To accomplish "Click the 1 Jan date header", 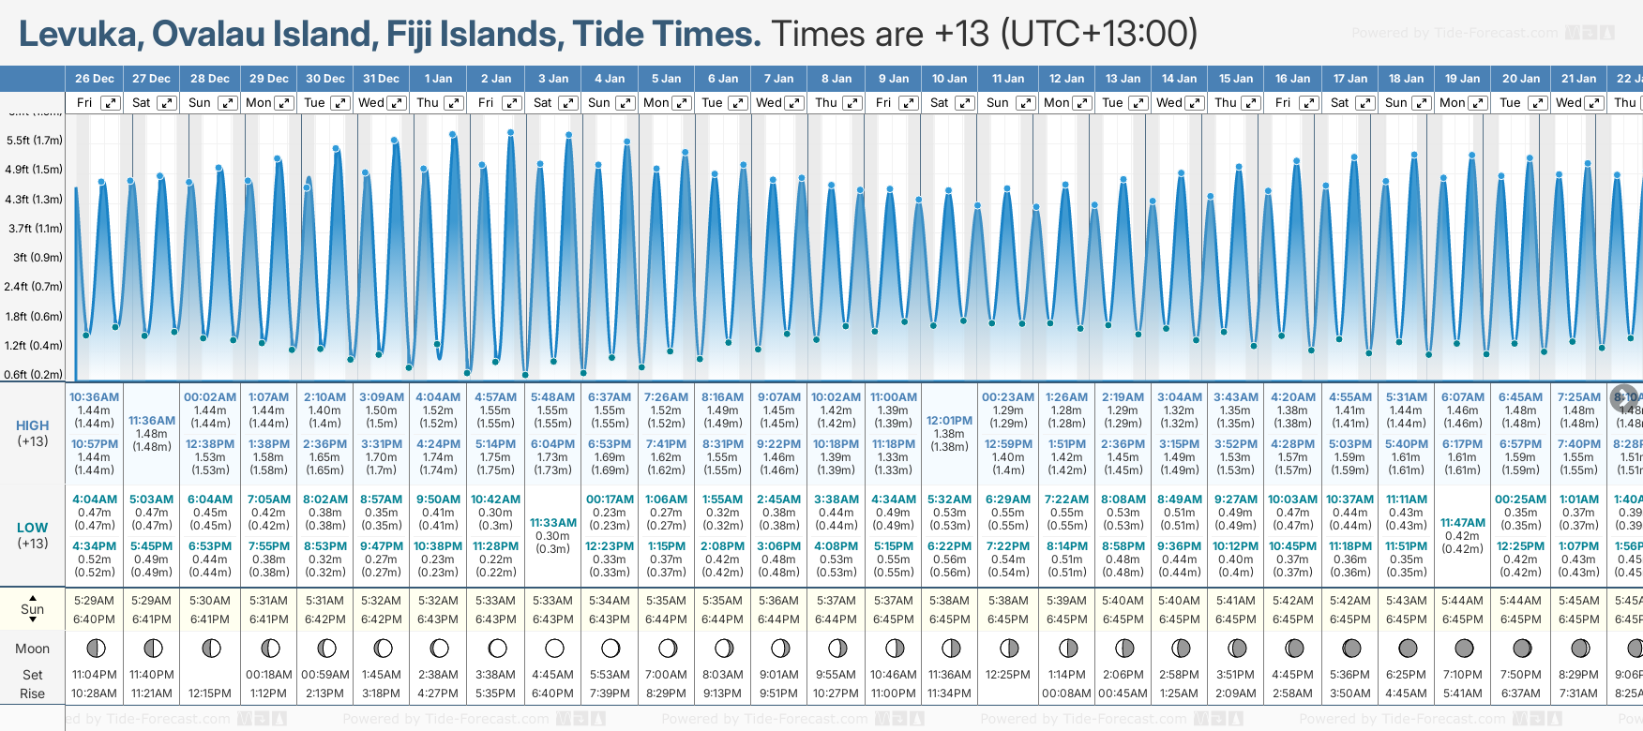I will point(438,79).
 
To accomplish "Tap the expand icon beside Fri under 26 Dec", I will point(111,103).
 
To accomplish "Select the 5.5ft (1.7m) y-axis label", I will point(35,141).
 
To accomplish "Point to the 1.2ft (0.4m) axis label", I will point(35,345).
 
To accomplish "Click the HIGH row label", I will point(33,425).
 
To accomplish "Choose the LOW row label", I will point(33,528).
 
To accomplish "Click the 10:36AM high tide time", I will point(94,397).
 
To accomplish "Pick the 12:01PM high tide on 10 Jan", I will point(949,421).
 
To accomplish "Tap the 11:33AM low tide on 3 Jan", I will point(553,523).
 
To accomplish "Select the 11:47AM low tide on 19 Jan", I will point(1463,523).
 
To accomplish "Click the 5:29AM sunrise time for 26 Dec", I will point(94,601).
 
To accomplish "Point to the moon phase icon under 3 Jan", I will point(554,648).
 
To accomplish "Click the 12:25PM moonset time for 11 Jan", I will point(1007,675).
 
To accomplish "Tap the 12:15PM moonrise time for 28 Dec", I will point(210,694).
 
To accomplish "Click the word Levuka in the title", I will point(81,35).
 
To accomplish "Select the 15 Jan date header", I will point(1236,79).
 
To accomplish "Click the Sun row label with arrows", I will point(33,609).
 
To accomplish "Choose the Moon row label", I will point(33,649).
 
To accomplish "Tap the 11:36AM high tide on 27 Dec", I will point(152,421).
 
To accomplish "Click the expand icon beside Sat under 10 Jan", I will point(965,103).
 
